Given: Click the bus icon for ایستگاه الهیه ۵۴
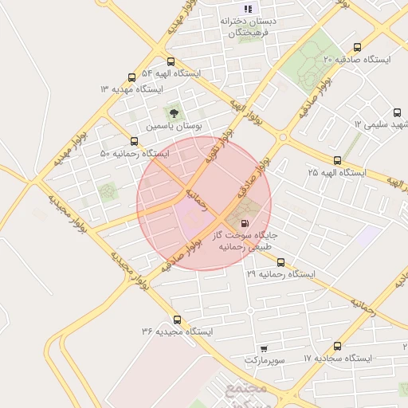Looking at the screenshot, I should (171, 61).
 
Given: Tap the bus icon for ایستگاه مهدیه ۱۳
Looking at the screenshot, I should (131, 77).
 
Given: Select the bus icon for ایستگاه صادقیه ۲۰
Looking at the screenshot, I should (356, 47).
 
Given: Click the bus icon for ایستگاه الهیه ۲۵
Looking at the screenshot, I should (337, 160).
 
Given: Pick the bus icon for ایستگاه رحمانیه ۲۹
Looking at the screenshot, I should (280, 261).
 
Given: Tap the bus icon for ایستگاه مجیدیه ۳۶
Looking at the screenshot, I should (177, 319).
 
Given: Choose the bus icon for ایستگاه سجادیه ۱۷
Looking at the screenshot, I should (337, 347).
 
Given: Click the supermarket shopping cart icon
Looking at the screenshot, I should (264, 349).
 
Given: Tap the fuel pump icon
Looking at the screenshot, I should (245, 223).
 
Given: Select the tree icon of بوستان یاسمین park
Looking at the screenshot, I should (172, 113).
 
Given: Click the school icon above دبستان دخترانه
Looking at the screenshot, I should (248, 9).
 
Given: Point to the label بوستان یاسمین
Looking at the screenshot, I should (175, 127).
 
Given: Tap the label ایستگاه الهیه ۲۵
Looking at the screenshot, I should (336, 172).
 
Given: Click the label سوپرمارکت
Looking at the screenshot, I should (264, 360).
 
